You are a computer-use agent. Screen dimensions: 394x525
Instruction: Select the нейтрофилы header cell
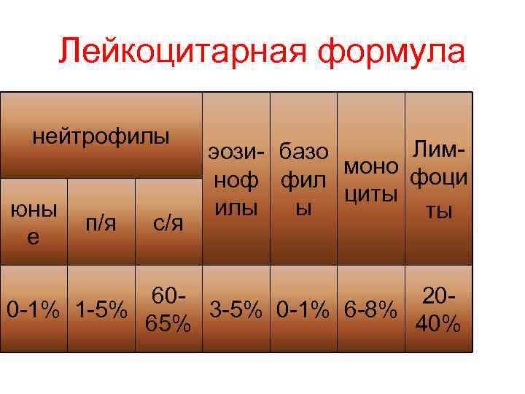(x=101, y=136)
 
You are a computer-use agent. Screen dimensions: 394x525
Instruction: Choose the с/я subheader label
(x=168, y=222)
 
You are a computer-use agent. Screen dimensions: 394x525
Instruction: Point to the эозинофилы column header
(x=236, y=179)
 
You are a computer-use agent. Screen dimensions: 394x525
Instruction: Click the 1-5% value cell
(x=101, y=309)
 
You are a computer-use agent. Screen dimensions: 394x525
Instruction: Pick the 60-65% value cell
(x=168, y=309)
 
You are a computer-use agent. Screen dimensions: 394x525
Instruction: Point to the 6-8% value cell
(x=371, y=309)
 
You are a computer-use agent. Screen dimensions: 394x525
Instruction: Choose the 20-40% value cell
(x=438, y=309)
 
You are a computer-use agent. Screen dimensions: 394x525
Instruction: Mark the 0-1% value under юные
(x=34, y=309)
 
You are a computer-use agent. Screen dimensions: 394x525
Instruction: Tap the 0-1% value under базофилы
(x=303, y=309)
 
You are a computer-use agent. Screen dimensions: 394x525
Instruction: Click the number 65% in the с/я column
(x=168, y=322)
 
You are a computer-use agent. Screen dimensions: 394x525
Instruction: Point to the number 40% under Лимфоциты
(x=438, y=322)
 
